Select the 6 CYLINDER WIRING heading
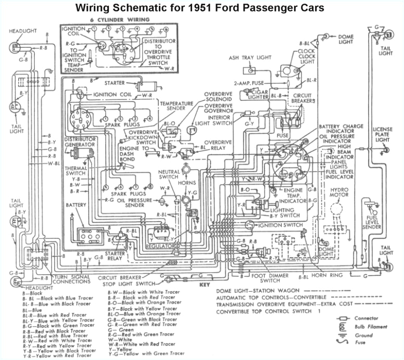(x=120, y=20)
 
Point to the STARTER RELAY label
(x=115, y=256)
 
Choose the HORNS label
(x=186, y=184)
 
